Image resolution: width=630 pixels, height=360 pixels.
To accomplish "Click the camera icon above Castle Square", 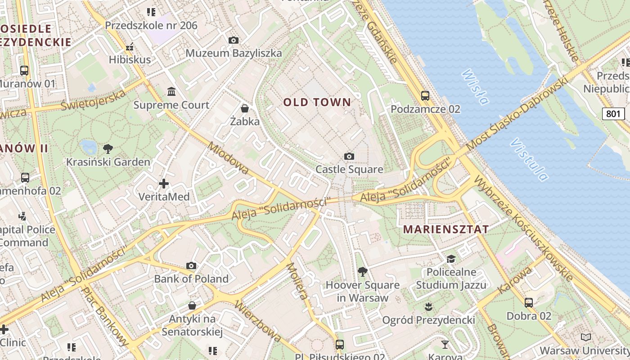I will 349,157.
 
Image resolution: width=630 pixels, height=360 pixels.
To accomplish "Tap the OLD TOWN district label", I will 317,102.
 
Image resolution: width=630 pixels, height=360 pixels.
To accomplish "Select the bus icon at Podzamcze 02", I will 425,95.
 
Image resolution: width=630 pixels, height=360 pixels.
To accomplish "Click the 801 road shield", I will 613,114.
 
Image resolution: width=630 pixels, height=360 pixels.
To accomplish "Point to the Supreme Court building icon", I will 171,92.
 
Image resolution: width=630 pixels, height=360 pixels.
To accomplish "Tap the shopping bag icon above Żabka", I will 245,108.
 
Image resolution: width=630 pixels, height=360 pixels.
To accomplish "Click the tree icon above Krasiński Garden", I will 108,148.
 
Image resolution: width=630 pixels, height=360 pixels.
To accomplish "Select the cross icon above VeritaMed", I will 164,184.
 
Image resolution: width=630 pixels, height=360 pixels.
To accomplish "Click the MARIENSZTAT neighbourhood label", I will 445,229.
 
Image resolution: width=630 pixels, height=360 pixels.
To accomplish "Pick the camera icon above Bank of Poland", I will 191,265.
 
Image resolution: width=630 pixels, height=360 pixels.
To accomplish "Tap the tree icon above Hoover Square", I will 362,272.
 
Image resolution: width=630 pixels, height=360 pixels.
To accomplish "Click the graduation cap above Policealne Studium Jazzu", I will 451,259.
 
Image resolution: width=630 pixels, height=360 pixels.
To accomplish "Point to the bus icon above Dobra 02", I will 529,303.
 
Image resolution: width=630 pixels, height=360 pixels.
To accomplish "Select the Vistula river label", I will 529,159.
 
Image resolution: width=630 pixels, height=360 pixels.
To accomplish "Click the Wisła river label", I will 475,87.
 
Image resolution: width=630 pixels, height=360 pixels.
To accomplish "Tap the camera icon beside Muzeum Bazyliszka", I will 233,40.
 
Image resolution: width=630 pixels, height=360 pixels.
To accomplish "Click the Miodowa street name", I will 229,158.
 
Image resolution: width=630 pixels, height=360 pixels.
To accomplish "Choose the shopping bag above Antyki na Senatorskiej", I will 192,306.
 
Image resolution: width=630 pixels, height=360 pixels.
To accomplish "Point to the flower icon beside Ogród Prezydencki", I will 428,307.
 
